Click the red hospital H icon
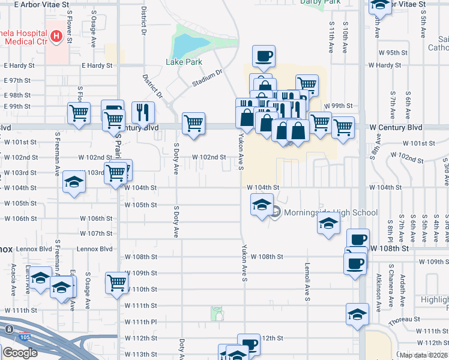coord(56,37)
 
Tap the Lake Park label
coord(184,62)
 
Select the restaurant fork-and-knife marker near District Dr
coord(143,112)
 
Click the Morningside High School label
coord(331,212)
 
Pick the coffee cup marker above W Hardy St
coord(264,56)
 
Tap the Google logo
coord(20,352)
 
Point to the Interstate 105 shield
coord(24,336)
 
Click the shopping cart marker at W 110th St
coord(116,283)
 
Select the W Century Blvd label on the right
coord(396,128)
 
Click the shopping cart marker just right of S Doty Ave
coord(193,124)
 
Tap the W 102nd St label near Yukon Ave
coord(209,157)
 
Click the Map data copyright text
coord(424,355)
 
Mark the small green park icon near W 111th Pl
coord(218,313)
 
